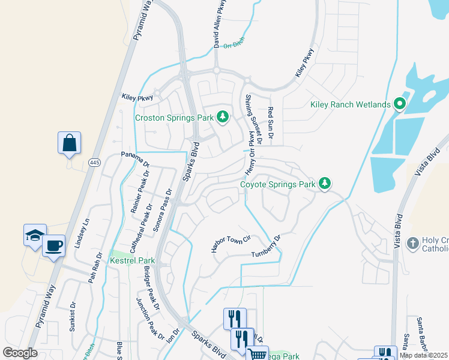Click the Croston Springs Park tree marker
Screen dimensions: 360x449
[x=223, y=117]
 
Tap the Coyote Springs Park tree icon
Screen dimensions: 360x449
[x=325, y=182]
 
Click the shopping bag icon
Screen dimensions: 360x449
[x=69, y=143]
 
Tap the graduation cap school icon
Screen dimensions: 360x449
[x=35, y=235]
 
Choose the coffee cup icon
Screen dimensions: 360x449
[x=53, y=245]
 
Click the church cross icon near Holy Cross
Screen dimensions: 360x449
[x=412, y=243]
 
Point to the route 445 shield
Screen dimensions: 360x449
[x=94, y=163]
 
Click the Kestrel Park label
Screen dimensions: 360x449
[x=132, y=260]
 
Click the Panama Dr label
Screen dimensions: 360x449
[x=134, y=160]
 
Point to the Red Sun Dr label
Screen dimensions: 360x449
[x=271, y=124]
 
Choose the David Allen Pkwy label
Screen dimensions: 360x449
[x=217, y=25]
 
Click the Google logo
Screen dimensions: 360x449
[x=20, y=353]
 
